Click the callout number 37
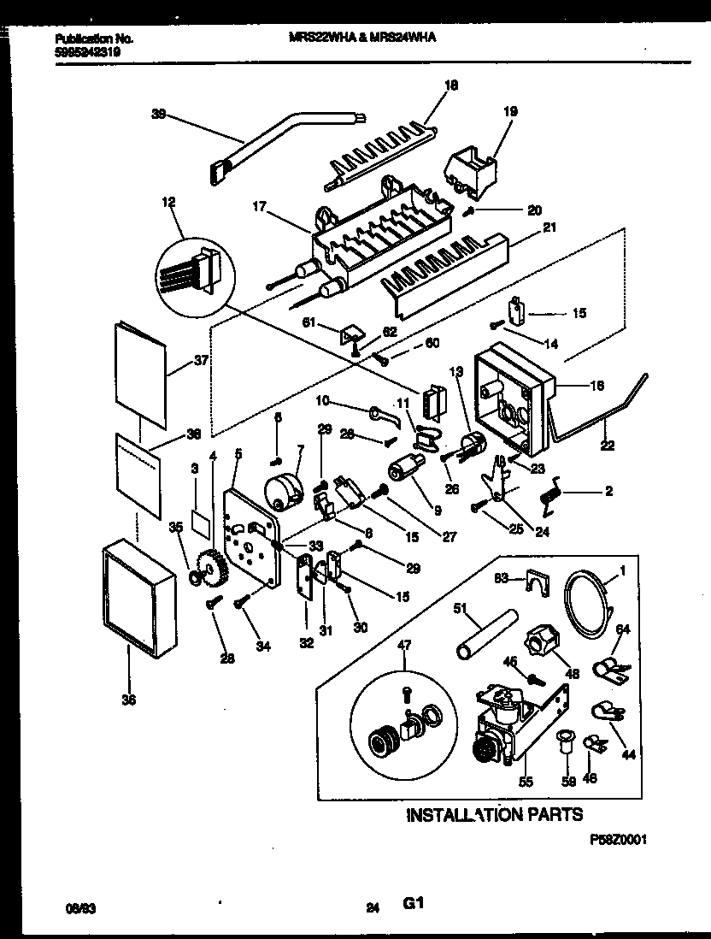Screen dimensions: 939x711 click(x=202, y=361)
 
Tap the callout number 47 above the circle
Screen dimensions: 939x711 click(x=405, y=645)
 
